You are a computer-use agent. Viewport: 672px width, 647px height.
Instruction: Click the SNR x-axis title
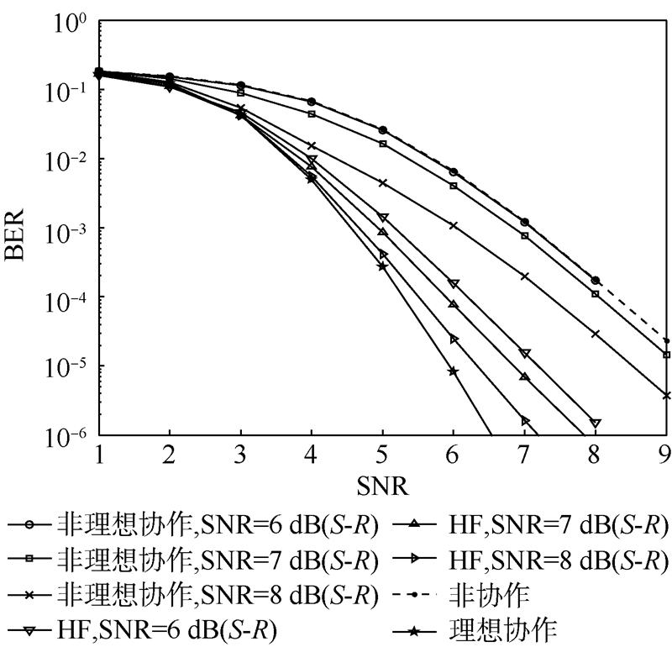point(383,485)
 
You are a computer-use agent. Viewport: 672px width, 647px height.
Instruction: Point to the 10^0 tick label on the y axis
point(70,23)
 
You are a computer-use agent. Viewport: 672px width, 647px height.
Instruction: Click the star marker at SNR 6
point(454,371)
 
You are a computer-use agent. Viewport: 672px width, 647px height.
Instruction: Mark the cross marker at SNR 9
point(666,394)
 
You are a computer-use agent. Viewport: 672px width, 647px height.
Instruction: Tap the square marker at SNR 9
point(666,355)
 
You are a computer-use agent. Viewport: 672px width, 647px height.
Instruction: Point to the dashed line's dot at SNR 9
point(666,341)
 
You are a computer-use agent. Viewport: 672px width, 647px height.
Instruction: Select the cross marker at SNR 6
point(454,225)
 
